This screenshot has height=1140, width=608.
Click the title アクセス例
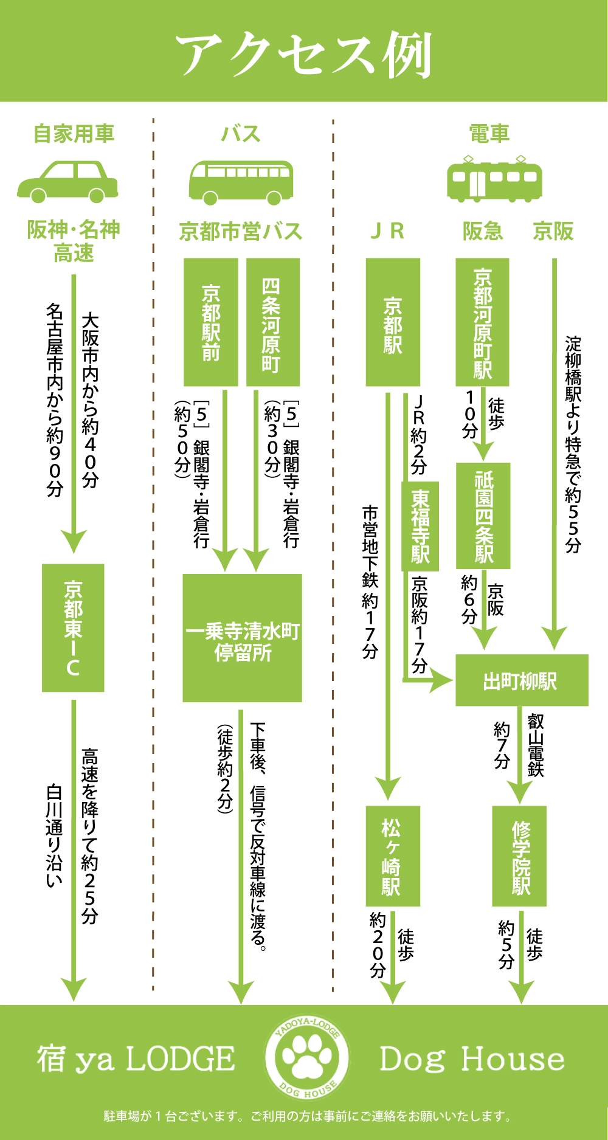(304, 55)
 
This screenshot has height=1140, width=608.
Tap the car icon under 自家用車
(67, 181)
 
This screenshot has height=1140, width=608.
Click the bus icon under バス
(241, 182)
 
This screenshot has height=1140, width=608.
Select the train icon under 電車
(494, 179)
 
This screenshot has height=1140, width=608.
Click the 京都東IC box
(73, 627)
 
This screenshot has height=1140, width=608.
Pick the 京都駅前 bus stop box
(211, 322)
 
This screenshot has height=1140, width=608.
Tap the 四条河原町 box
(272, 322)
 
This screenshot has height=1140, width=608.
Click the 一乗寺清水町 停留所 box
(243, 638)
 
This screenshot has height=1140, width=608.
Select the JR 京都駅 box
(393, 322)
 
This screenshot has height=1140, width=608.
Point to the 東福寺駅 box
(420, 527)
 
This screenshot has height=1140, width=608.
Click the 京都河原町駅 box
(483, 322)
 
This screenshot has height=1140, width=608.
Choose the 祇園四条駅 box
(483, 516)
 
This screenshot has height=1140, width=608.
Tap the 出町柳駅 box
(522, 680)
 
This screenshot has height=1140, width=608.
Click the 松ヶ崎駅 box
(393, 856)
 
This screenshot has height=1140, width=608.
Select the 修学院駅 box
(519, 856)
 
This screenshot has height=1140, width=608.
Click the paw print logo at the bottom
(307, 1059)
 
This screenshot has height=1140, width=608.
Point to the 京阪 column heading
(553, 232)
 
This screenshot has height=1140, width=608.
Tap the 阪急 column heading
(483, 232)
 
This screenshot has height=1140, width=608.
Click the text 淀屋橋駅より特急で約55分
(573, 444)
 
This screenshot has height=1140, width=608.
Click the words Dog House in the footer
(472, 1060)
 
